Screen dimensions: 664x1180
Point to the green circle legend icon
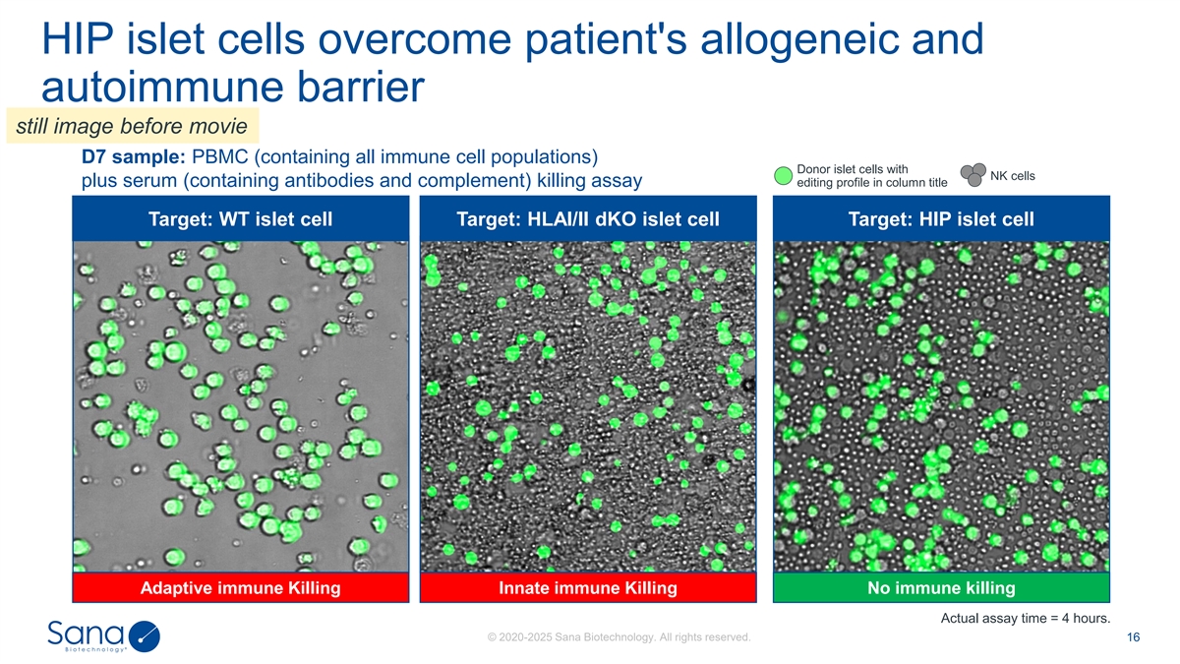[x=783, y=176]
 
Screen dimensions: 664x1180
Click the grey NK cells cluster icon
[x=973, y=174]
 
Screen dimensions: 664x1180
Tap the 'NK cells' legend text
[x=1013, y=176]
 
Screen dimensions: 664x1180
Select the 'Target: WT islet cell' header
[x=240, y=218]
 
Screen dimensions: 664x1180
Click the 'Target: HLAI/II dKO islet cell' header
[x=588, y=218]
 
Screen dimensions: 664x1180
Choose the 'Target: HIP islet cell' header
[x=941, y=218]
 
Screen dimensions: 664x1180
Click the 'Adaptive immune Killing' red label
[x=240, y=588]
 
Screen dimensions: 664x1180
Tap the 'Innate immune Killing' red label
[x=588, y=588]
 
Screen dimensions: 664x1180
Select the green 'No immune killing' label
[x=941, y=588]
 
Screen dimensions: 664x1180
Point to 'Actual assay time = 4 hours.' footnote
[x=1026, y=618]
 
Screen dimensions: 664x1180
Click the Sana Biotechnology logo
[x=103, y=636]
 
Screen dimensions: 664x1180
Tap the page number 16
[x=1133, y=637]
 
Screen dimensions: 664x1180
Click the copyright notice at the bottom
[x=619, y=637]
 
